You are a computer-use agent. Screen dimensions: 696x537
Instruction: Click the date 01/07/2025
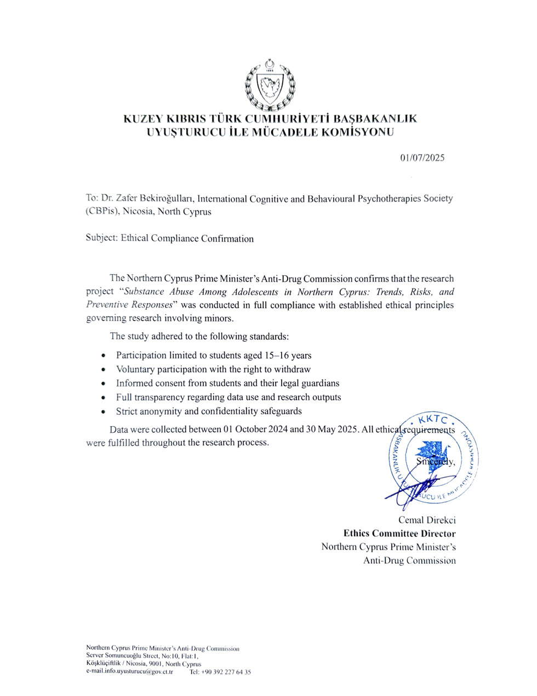pyautogui.click(x=422, y=158)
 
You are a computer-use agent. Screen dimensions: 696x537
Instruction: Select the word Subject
pyautogui.click(x=101, y=238)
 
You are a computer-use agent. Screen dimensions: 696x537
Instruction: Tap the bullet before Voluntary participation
pyautogui.click(x=104, y=370)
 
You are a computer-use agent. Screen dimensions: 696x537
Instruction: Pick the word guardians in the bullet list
pyautogui.click(x=318, y=383)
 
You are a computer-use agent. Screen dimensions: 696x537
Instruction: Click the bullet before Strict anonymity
pyautogui.click(x=104, y=411)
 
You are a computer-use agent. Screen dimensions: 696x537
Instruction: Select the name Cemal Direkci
pyautogui.click(x=427, y=520)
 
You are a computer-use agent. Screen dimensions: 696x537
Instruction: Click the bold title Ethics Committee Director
pyautogui.click(x=399, y=533)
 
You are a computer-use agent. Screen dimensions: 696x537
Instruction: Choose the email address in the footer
pyautogui.click(x=129, y=671)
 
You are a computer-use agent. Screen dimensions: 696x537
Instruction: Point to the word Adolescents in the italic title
pyautogui.click(x=254, y=292)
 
